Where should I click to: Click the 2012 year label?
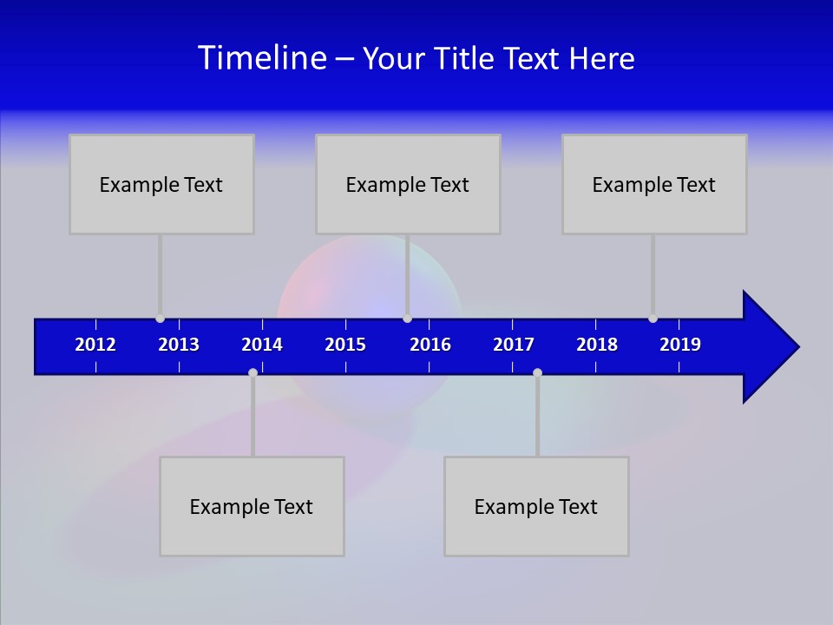[95, 345]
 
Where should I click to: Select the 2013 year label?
[179, 345]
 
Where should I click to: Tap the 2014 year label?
[262, 345]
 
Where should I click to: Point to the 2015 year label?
[345, 345]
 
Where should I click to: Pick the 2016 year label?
[430, 345]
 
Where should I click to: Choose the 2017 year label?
[514, 345]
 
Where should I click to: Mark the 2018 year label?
[597, 345]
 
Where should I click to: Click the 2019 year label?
[680, 345]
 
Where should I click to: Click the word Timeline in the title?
[262, 57]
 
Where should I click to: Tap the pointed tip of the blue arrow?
[797, 347]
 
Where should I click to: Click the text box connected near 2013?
[161, 184]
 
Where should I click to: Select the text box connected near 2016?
[408, 184]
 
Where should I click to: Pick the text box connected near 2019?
[654, 184]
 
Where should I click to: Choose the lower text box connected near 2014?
[252, 506]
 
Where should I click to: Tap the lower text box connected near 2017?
[536, 506]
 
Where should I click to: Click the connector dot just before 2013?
[160, 319]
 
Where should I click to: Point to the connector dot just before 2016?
[407, 319]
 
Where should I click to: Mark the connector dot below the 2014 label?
[253, 372]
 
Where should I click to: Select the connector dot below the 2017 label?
[537, 372]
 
